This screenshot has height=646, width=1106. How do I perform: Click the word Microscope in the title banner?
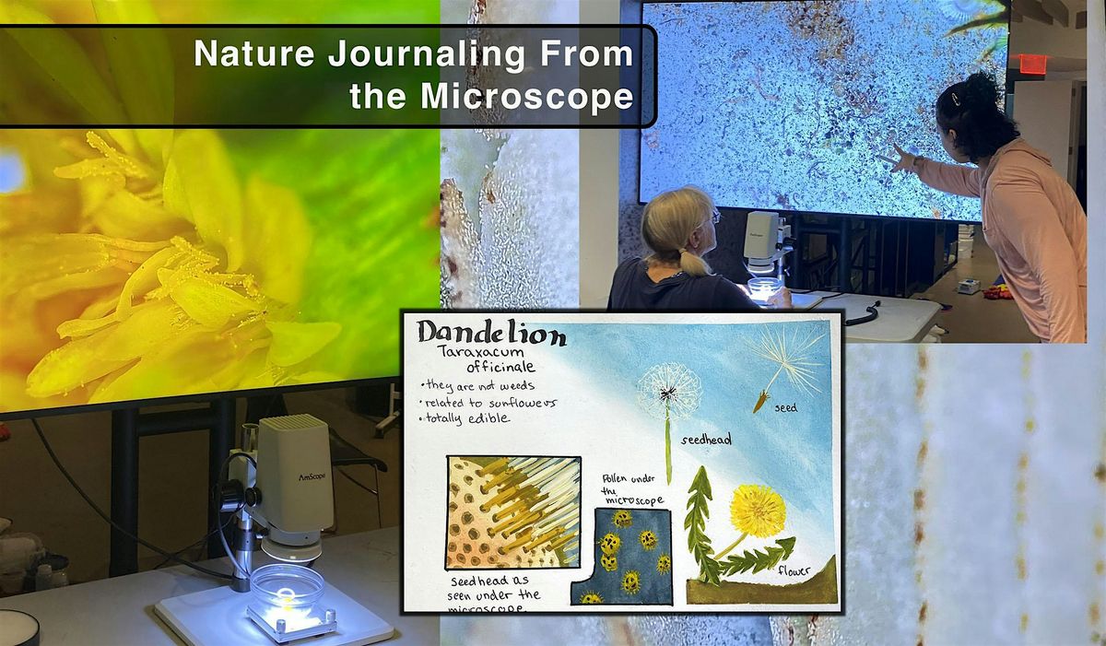coord(527,96)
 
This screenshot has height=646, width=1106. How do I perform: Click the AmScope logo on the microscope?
coord(312,477)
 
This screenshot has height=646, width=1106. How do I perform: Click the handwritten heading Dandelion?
coord(491,334)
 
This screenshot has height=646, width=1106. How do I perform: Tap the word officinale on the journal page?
coord(500,367)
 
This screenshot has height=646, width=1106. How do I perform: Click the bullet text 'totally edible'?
coord(465,419)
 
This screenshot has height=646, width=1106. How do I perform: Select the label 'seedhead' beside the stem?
coord(706,440)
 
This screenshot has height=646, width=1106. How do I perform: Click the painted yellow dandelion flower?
coord(758,511)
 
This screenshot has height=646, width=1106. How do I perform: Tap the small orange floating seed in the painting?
coord(761,401)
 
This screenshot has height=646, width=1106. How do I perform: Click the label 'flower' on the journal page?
coord(794,570)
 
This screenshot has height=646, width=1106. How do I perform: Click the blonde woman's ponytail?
coord(693,262)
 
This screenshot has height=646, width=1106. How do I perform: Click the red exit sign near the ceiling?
coord(1033,65)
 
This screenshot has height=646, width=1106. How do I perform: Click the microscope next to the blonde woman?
coord(765,252)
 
